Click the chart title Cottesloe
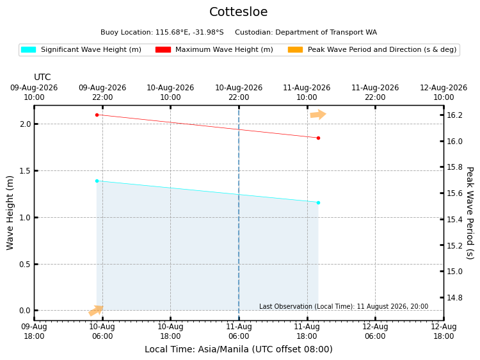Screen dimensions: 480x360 239,12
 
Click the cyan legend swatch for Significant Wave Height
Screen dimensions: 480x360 28,49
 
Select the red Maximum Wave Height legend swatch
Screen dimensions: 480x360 163,49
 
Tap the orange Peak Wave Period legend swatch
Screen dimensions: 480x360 295,49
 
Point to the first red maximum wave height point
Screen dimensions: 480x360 97,115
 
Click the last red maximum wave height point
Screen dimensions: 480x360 318,138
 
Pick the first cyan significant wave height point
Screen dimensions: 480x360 97,181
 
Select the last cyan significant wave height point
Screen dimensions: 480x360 318,203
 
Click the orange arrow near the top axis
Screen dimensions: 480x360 318,115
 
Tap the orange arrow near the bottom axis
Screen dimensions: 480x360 96,311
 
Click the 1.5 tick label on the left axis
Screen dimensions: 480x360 25,170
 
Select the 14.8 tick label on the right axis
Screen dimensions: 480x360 454,297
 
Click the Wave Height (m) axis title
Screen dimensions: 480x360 10,213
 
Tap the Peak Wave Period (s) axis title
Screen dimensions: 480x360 470,213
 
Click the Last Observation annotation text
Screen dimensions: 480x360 344,306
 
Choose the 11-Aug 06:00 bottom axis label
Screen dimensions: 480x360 239,331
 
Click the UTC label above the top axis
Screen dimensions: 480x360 42,77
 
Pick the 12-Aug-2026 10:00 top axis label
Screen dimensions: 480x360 444,92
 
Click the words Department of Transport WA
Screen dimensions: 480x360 326,33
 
